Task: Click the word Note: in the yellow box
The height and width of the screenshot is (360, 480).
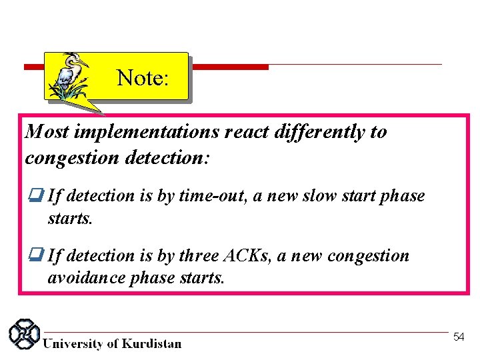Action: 143,78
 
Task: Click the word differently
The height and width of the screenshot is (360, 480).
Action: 319,132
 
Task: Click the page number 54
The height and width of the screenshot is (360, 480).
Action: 459,337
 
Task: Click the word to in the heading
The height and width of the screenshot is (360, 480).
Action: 378,132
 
